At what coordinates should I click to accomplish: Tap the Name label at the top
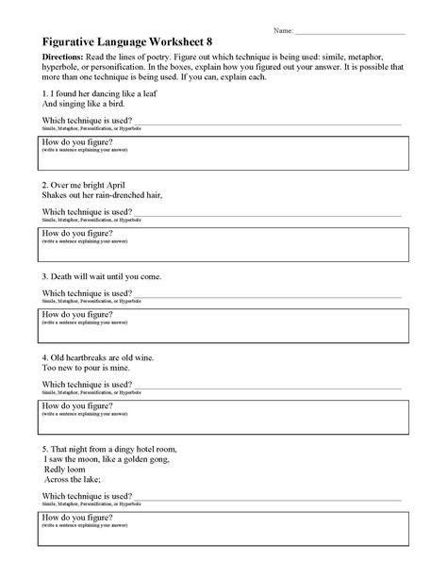283,31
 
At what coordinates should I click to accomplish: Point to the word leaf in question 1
141,96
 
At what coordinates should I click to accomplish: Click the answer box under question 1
223,155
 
